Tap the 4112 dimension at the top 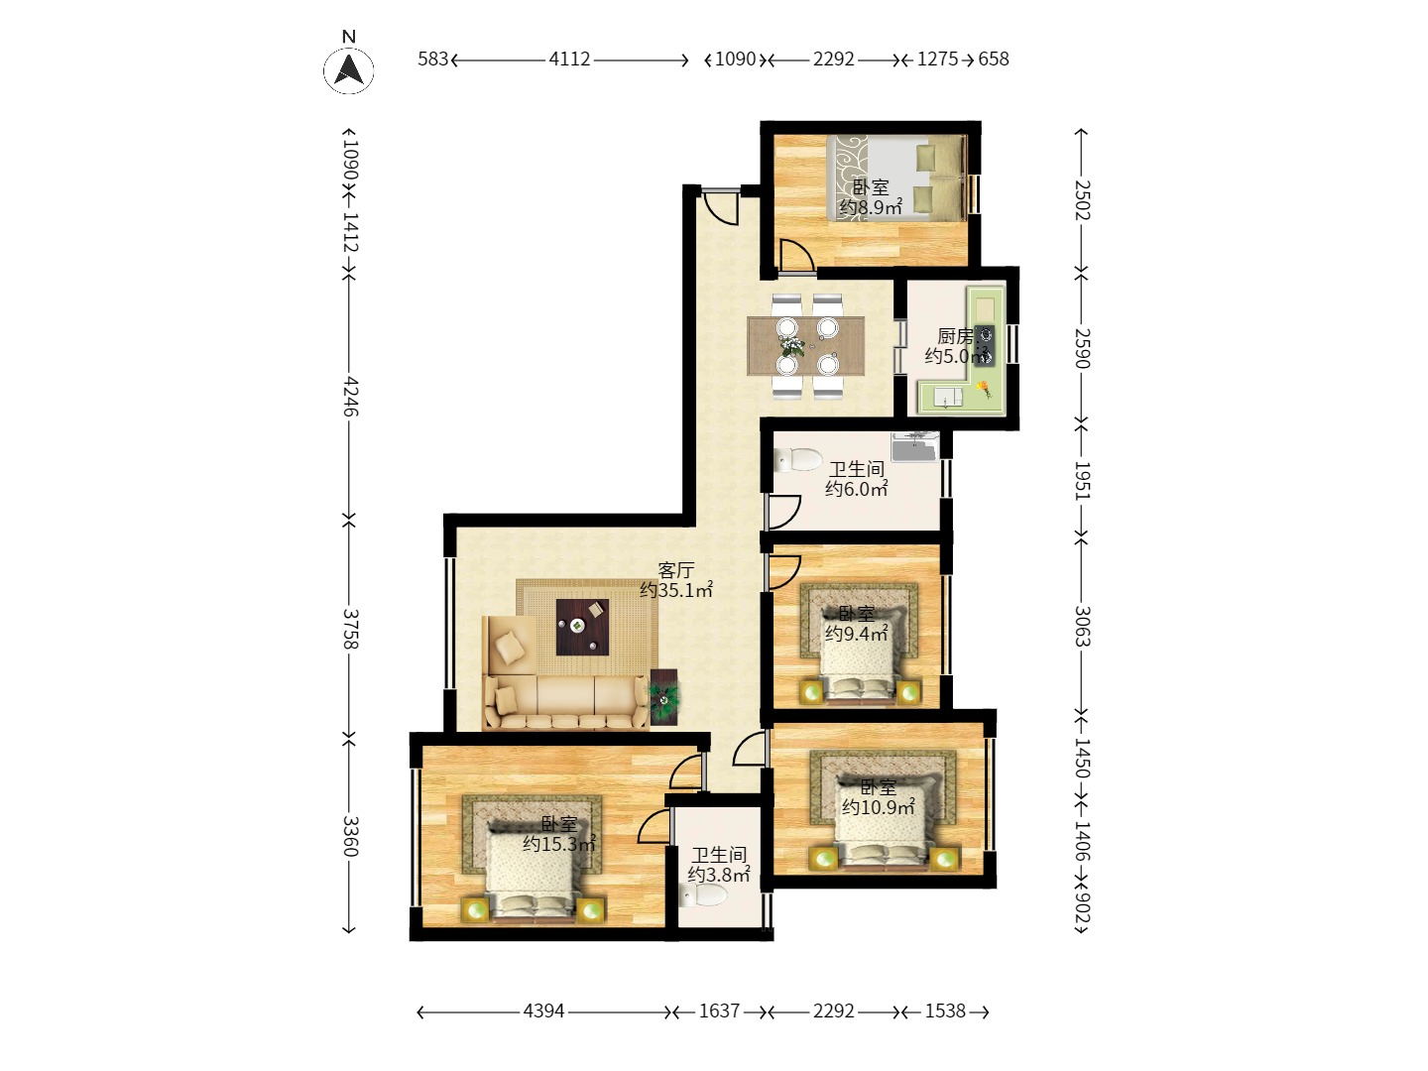tap(569, 59)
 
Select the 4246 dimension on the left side tap(350, 396)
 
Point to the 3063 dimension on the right tap(1081, 626)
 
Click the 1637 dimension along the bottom tap(719, 1011)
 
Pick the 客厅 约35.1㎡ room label tap(676, 580)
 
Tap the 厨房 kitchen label tap(955, 336)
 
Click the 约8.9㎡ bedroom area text tap(871, 207)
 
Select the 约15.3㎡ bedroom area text tap(559, 844)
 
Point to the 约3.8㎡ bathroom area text tap(719, 875)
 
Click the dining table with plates tap(805, 346)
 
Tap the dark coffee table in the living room tap(582, 627)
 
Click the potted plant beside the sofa tap(663, 698)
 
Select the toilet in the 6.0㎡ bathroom tap(798, 460)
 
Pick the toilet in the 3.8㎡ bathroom tap(703, 896)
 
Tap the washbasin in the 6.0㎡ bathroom tap(914, 446)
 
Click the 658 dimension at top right tap(994, 59)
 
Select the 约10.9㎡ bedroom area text tap(879, 807)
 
